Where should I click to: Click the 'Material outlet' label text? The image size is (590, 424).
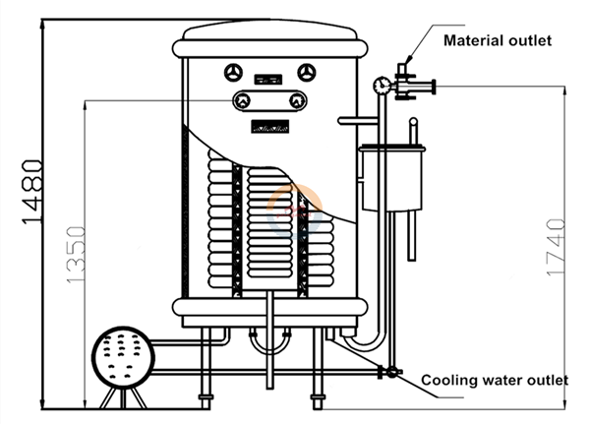497,40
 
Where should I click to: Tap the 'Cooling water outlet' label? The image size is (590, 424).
494,380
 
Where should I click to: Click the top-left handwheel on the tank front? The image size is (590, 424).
233,72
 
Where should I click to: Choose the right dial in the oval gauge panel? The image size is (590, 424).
297,100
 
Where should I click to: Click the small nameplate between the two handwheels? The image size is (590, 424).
268,78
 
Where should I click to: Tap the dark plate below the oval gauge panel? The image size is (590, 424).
269,126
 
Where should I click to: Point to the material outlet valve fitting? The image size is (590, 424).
404,84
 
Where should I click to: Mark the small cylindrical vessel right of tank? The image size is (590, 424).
391,177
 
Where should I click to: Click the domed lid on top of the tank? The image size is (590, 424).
271,36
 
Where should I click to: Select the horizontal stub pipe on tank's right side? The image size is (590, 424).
358,121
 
